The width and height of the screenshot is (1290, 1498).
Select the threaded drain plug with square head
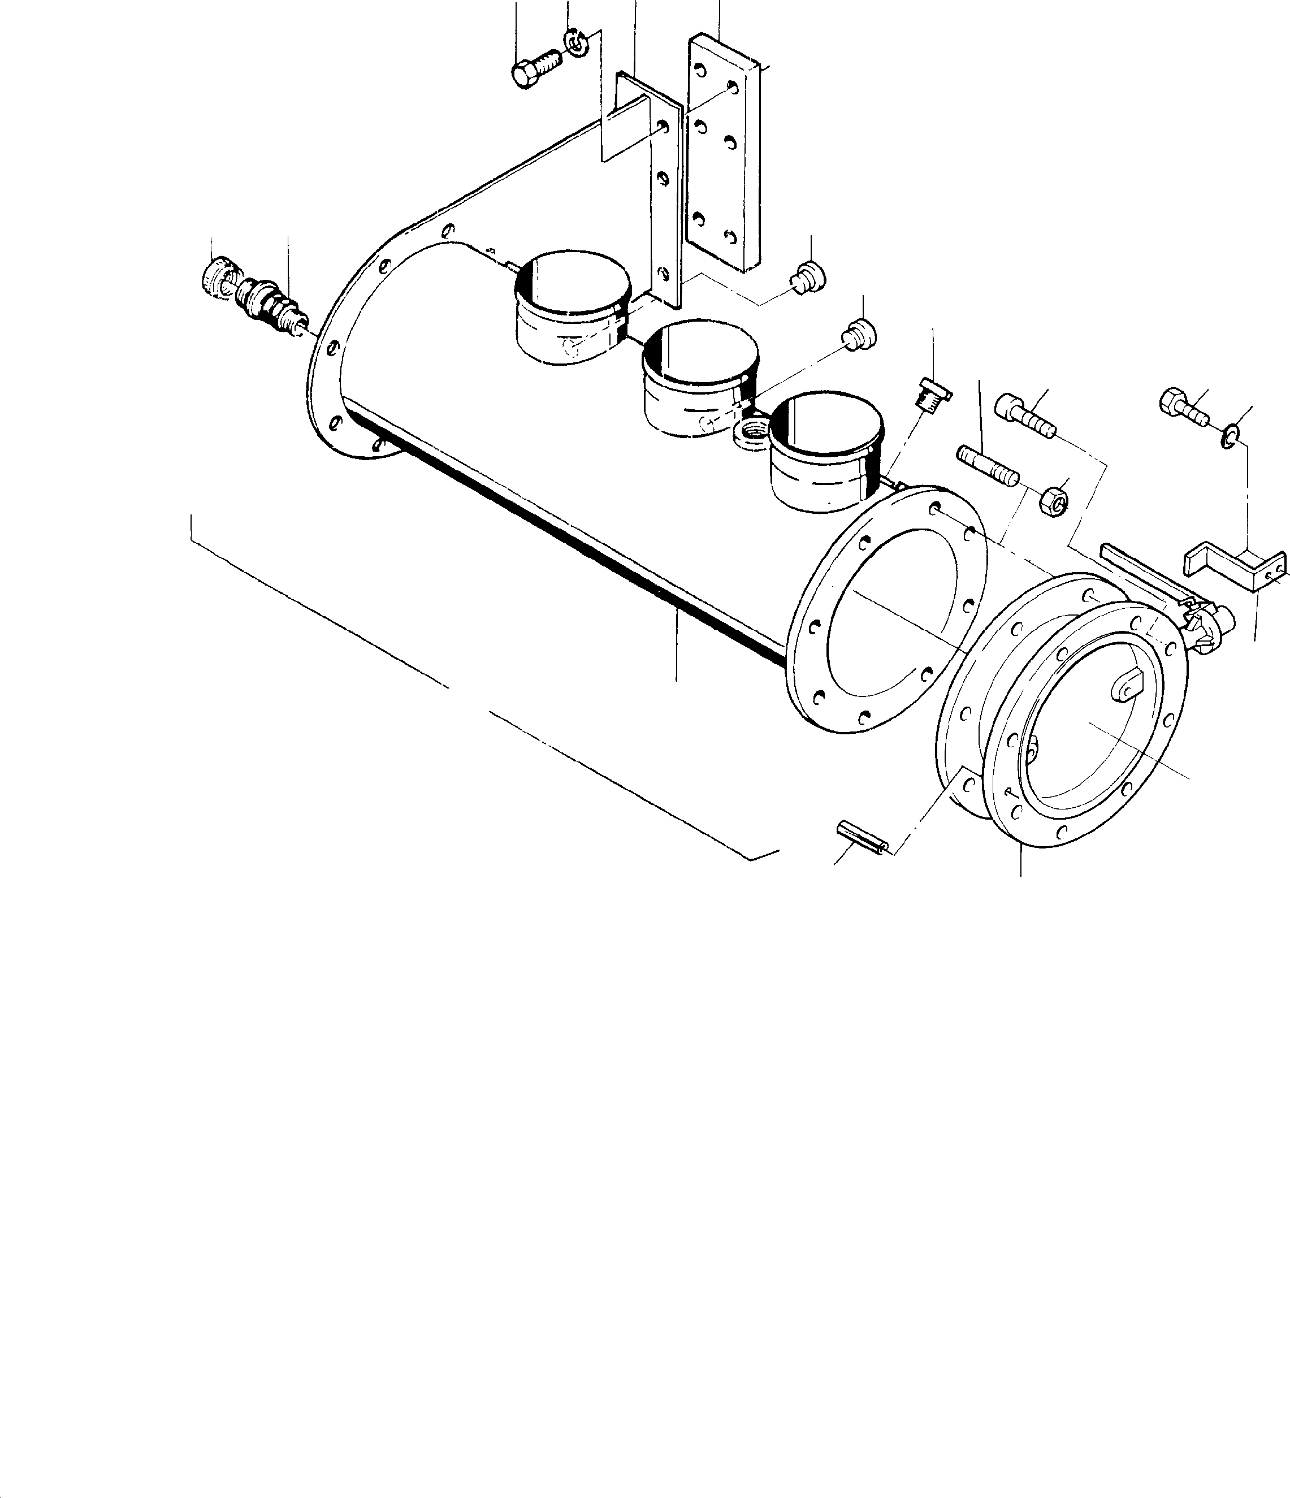pos(933,394)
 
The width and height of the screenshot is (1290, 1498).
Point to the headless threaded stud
pos(988,466)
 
